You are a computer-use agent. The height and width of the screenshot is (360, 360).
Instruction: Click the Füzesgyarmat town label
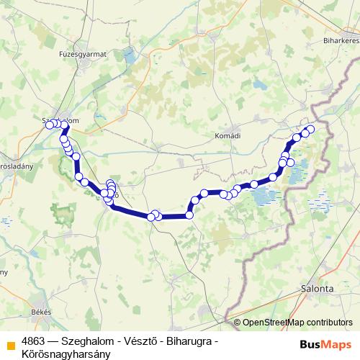tap(83, 53)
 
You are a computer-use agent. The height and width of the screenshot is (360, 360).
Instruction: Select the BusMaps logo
tap(326, 344)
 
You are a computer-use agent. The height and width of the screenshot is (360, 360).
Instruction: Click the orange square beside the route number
tap(11, 341)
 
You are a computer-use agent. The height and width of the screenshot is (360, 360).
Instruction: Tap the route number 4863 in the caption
tap(32, 341)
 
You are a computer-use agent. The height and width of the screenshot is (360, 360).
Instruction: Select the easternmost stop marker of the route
tap(311, 130)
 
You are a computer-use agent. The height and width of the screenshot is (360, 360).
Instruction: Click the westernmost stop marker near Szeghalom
tap(50, 125)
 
